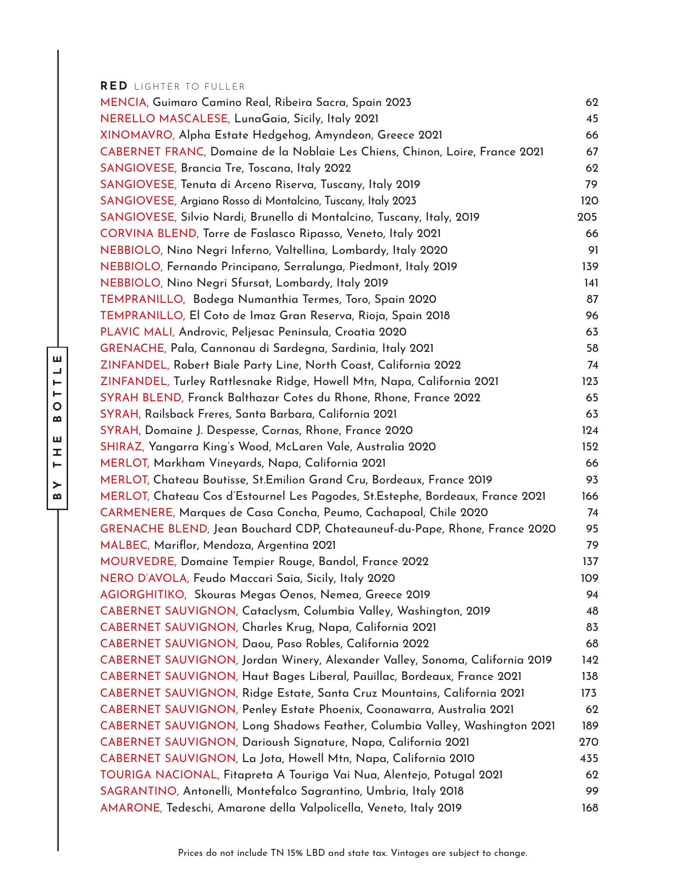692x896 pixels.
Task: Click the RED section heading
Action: tap(114, 86)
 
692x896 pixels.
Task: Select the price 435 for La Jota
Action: tap(588, 758)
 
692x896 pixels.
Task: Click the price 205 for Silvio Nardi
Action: tap(587, 217)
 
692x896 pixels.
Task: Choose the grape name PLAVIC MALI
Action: tap(138, 332)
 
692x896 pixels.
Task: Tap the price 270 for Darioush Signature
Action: tap(588, 742)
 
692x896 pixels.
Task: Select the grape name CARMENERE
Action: tap(138, 513)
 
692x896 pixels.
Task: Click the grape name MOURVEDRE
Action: tap(138, 562)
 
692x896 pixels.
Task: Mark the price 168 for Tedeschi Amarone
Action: tap(590, 808)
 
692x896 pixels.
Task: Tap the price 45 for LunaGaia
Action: tap(592, 119)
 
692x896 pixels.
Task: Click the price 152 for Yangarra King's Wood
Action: tap(590, 447)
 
